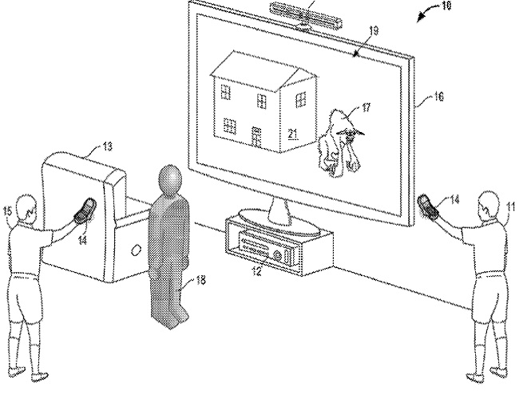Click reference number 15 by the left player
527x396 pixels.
click(9, 210)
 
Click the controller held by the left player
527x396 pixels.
click(84, 210)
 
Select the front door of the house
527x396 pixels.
click(257, 137)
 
